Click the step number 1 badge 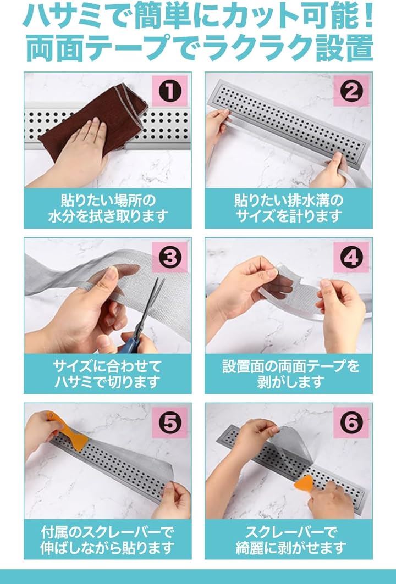tap(169, 91)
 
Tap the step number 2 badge tap(351, 91)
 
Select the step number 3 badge tap(169, 257)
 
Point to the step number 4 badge tap(351, 257)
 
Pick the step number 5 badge tap(169, 422)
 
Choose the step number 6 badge tap(351, 422)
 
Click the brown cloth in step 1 tap(93, 119)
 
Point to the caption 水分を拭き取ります tap(108, 216)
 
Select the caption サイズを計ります tap(289, 216)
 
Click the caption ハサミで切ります tap(108, 382)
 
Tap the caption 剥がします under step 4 tap(289, 382)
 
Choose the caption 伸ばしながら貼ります tap(108, 548)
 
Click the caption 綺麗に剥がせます tap(289, 548)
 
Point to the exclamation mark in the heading tap(368, 16)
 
